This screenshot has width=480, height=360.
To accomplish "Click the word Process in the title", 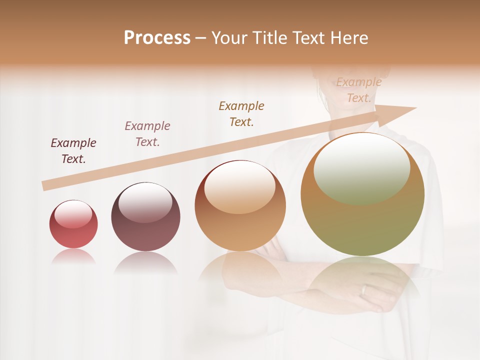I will click(x=157, y=38).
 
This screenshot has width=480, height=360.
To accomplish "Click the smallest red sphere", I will click(x=73, y=224).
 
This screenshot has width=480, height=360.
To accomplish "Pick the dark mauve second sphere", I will click(x=145, y=217).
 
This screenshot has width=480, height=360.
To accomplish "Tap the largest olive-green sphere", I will click(x=362, y=195).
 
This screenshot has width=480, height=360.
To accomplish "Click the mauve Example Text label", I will click(x=147, y=134).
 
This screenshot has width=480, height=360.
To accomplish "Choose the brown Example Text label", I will click(x=241, y=114).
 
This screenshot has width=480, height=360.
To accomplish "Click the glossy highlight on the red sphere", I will click(x=73, y=214).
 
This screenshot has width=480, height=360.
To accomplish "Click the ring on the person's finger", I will click(x=364, y=290).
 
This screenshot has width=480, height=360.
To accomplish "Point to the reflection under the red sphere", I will click(x=73, y=257).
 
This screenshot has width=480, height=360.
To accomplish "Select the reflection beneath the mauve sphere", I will click(x=145, y=262).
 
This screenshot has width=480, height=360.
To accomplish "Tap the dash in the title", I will click(x=201, y=38).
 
